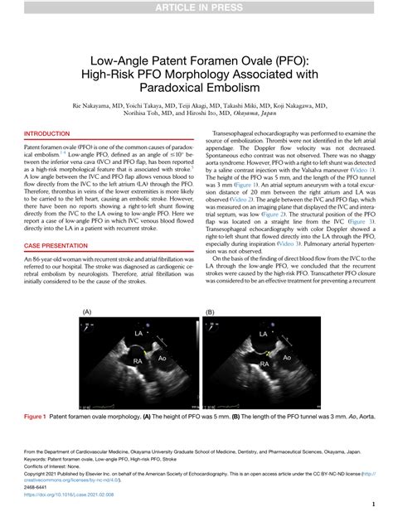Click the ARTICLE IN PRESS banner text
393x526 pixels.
pos(196,8)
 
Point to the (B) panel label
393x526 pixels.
pos(211,312)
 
